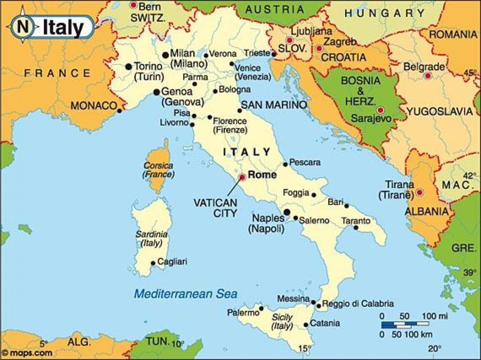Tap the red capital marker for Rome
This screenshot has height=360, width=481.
click(x=242, y=177)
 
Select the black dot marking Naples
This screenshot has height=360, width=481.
click(x=287, y=212)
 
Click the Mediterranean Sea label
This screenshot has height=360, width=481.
click(x=186, y=294)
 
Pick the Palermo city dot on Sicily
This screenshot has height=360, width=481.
click(x=261, y=308)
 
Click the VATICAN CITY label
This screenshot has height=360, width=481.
click(x=215, y=208)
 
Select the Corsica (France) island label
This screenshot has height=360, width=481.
click(x=158, y=170)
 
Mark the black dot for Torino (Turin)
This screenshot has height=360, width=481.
click(x=128, y=67)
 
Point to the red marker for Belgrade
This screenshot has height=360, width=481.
click(x=428, y=75)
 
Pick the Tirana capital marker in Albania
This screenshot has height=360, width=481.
click(x=420, y=192)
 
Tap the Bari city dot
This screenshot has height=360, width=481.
click(x=347, y=206)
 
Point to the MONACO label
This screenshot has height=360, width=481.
click(x=93, y=106)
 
